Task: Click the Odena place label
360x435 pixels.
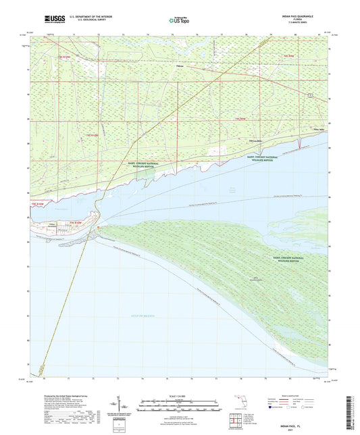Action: click(x=180, y=66)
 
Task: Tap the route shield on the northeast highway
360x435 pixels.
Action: click(x=310, y=97)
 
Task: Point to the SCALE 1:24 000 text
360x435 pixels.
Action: click(x=180, y=395)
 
